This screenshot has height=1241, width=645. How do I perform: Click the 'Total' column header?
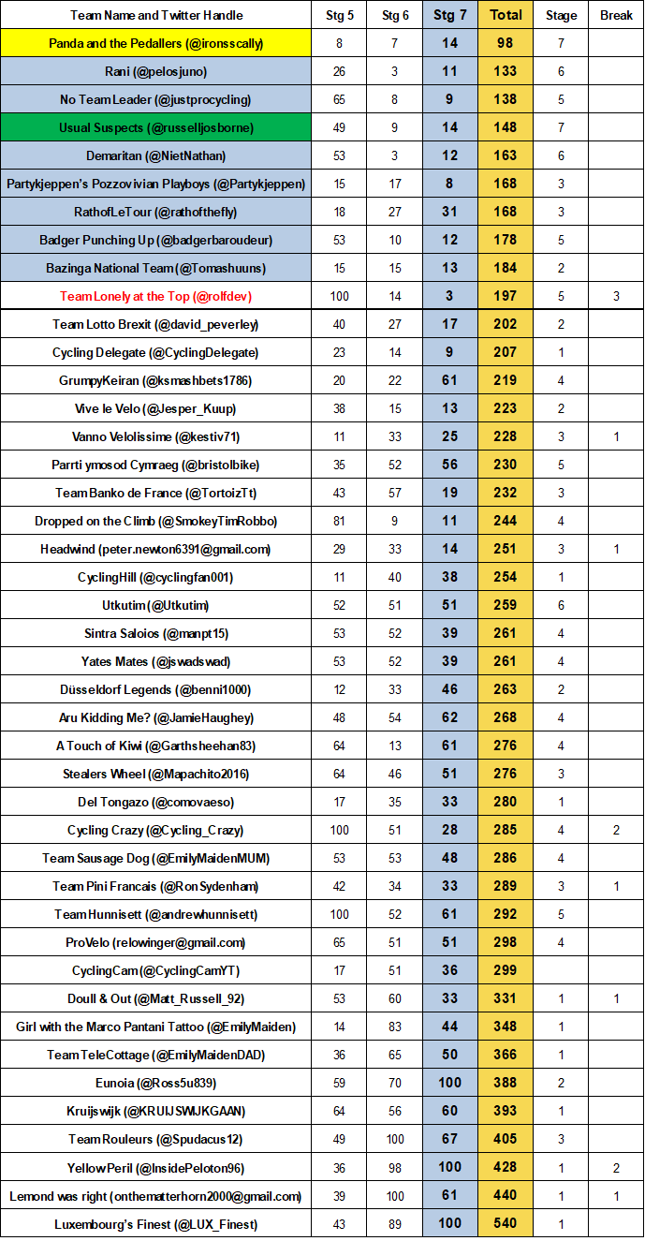tap(506, 15)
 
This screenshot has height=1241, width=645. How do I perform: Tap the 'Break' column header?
tap(616, 15)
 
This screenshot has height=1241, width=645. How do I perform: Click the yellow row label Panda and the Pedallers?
tap(156, 43)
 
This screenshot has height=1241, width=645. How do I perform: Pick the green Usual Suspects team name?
tap(156, 127)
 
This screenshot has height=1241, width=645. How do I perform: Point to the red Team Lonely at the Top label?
tap(156, 296)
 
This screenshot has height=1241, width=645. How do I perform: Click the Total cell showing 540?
tap(506, 1223)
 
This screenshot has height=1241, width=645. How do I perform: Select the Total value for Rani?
tap(506, 71)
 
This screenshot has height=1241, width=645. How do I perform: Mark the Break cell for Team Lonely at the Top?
tap(616, 296)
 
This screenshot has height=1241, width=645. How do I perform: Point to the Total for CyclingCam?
tap(506, 970)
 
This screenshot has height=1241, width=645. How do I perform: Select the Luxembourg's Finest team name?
tap(156, 1223)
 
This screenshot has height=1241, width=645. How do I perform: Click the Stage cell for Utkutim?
tap(561, 605)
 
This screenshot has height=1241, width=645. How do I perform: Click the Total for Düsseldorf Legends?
tap(506, 689)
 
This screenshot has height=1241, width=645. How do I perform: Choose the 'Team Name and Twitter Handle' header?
tap(156, 15)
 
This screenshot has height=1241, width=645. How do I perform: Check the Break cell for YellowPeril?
tap(616, 1167)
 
